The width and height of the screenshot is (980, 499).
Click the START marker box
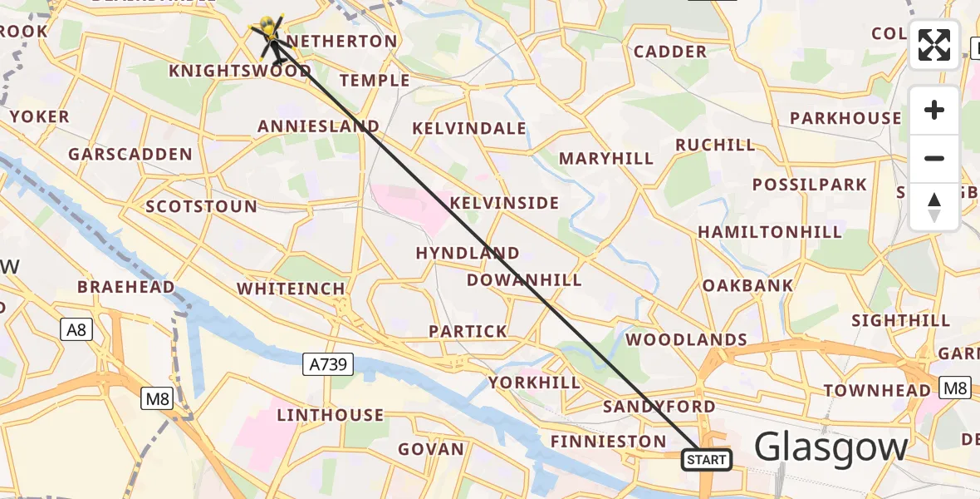click(707, 459)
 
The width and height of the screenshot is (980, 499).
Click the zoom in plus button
click(934, 110)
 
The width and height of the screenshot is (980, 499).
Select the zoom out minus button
click(934, 158)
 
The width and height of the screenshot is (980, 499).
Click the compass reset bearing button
click(934, 206)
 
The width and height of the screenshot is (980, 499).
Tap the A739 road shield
click(328, 363)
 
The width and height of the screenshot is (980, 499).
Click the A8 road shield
click(76, 330)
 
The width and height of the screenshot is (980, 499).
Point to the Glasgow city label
click(831, 447)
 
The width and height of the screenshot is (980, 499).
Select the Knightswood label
click(240, 71)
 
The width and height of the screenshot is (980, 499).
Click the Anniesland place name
click(318, 126)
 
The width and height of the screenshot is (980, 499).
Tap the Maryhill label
click(606, 158)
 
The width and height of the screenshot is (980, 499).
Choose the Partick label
click(468, 331)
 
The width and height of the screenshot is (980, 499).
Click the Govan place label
click(431, 449)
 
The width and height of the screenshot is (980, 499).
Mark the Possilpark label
click(810, 185)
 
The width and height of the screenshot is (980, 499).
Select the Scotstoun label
click(201, 206)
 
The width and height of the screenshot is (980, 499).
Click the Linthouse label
click(331, 414)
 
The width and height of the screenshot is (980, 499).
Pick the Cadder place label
click(670, 52)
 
